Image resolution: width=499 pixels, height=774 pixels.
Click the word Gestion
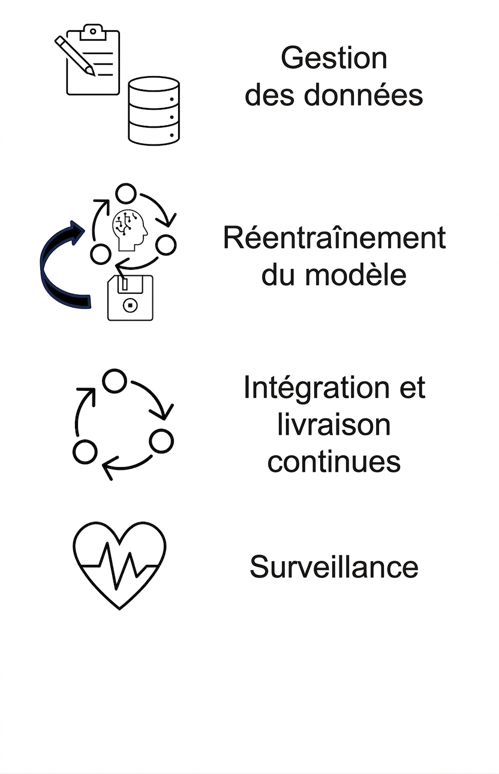(x=334, y=58)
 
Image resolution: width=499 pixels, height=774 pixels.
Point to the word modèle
(x=356, y=275)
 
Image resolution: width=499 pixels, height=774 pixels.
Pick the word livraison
(x=334, y=424)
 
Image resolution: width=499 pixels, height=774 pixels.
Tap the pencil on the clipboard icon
(x=74, y=56)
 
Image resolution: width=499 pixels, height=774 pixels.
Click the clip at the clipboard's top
(x=92, y=32)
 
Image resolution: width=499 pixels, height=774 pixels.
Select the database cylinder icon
(x=154, y=110)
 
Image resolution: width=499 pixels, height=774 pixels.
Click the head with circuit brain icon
(x=130, y=230)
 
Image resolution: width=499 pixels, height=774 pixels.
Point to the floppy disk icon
(x=130, y=298)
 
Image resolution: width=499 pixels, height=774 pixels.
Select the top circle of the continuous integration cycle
(x=115, y=381)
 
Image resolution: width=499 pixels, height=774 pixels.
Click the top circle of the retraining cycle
(x=126, y=194)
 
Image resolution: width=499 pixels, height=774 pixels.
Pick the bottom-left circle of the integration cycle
(x=85, y=451)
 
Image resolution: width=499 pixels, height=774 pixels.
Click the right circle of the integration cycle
(x=161, y=441)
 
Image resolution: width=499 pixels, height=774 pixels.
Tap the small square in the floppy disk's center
(x=130, y=305)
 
